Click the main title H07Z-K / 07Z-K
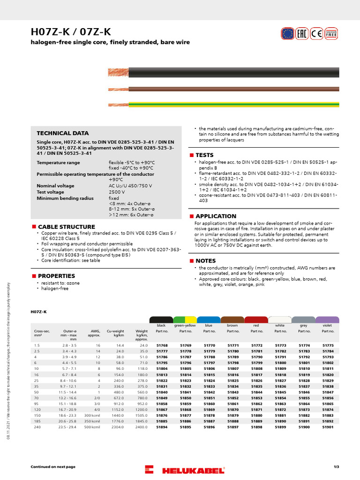click(x=71, y=32)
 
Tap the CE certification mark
click(x=316, y=33)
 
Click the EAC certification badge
click(x=302, y=33)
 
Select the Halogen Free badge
click(x=331, y=33)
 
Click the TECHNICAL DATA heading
click(x=62, y=133)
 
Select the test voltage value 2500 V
click(x=117, y=192)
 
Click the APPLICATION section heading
click(x=216, y=216)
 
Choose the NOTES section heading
click(x=205, y=261)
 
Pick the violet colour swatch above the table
click(x=328, y=320)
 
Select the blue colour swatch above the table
click(x=209, y=320)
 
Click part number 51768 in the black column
click(x=162, y=345)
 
